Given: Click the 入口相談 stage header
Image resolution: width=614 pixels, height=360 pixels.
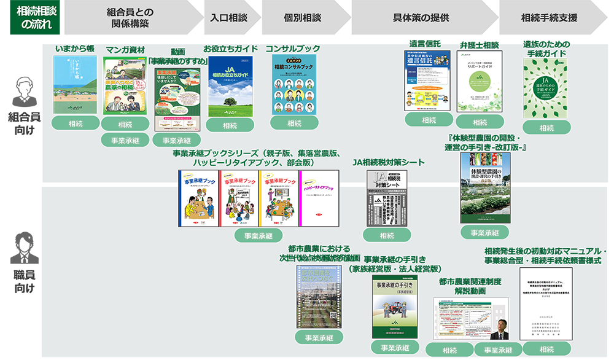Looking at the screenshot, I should pyautogui.click(x=228, y=18).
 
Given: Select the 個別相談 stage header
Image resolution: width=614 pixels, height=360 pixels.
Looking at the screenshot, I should pyautogui.click(x=303, y=18).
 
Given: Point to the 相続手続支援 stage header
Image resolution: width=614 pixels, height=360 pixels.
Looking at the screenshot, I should pyautogui.click(x=548, y=18).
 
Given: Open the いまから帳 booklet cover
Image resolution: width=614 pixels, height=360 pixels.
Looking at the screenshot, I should pyautogui.click(x=75, y=84).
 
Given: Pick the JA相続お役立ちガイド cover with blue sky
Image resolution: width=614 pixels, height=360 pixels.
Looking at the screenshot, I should pyautogui.click(x=230, y=86).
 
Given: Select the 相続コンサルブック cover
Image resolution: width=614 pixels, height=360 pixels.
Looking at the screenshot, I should pyautogui.click(x=293, y=84).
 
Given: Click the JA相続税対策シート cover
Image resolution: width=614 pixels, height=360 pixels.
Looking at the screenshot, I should pyautogui.click(x=387, y=197).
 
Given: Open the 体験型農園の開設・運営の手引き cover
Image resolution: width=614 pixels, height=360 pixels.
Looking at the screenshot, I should pyautogui.click(x=485, y=188).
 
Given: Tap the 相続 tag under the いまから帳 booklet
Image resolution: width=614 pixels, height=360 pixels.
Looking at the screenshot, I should pyautogui.click(x=75, y=124).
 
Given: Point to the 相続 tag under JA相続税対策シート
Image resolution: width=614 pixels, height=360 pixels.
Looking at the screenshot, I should pyautogui.click(x=387, y=235).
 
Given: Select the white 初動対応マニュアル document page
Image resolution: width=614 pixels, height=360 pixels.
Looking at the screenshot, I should pyautogui.click(x=546, y=303).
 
